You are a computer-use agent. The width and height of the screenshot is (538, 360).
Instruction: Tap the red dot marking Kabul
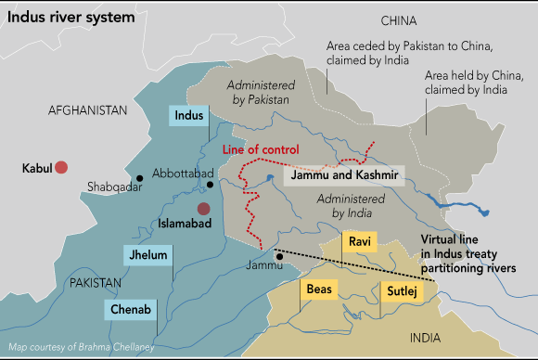(61, 167)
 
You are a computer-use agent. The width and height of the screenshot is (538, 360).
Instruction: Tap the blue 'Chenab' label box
(131, 308)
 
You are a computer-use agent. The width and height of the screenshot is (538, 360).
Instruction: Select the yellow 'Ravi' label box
(360, 242)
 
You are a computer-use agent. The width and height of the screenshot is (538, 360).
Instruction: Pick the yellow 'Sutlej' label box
(399, 292)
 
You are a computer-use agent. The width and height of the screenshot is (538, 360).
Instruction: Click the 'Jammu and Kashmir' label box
(343, 175)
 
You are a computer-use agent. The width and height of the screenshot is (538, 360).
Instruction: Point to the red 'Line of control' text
(261, 150)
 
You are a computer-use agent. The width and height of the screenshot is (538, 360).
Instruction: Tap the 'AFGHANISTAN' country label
(86, 109)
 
